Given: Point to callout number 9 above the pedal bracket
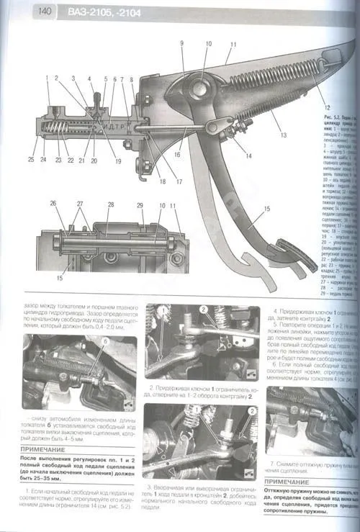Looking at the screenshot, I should click(x=182, y=44).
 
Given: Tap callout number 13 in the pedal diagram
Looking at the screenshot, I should click(x=284, y=135).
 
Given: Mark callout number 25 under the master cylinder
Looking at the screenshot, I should click(x=31, y=159).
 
